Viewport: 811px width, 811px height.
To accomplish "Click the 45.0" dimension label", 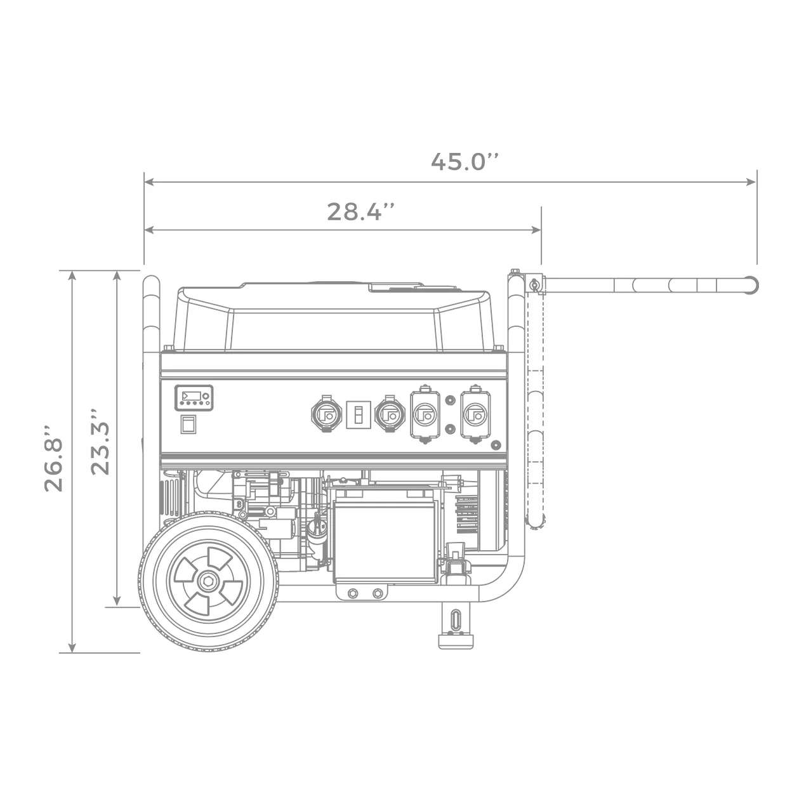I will pos(465,162).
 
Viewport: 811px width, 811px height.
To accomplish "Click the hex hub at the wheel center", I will pos(207,580).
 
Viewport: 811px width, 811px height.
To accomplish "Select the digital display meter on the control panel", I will pos(194,398).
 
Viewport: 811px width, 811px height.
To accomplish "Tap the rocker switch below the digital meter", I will pos(188,424).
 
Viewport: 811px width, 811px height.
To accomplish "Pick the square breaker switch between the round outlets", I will pos(358,415).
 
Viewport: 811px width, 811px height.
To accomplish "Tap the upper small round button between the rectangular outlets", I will pos(449,400).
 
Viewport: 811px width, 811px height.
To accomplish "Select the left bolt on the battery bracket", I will pos(353,593).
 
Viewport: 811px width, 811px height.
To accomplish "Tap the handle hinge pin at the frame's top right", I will pos(534,285).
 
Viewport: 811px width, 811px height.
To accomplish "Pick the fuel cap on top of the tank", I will pos(397,287).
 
